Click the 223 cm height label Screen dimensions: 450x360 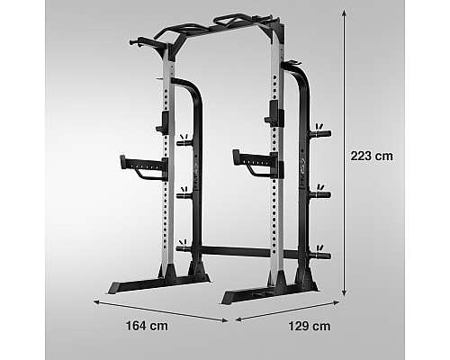click(372, 156)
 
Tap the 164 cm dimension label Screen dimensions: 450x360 click(147, 326)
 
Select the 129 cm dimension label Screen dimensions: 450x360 click(310, 326)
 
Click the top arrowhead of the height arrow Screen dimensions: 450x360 click(345, 13)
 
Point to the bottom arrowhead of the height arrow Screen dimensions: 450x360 click(345, 293)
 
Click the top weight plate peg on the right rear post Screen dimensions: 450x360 click(319, 133)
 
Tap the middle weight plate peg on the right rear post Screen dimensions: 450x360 click(319, 194)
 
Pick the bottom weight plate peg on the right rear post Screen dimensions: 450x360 click(319, 256)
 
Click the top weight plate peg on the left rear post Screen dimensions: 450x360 click(184, 142)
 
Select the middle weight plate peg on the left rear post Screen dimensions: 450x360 click(184, 195)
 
